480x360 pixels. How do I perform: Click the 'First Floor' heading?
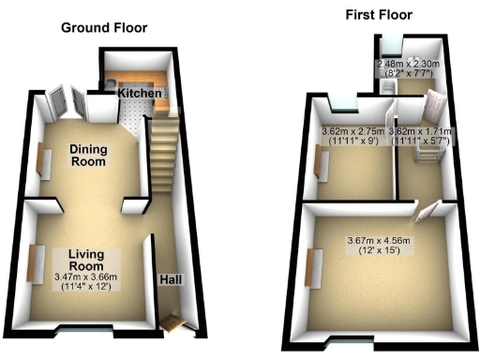378,15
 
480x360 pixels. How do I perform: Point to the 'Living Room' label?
91,259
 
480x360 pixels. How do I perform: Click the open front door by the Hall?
172,323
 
